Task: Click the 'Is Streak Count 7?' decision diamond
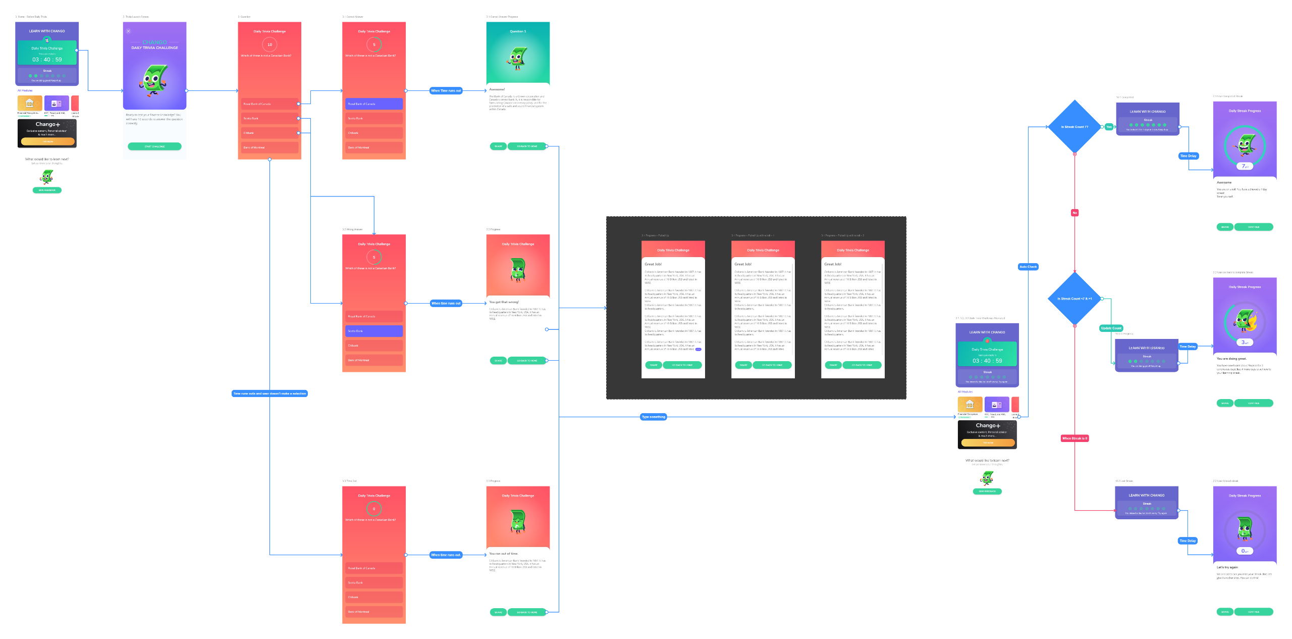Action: coord(1074,127)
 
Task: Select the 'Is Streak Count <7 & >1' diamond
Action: coord(1074,299)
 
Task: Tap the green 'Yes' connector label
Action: coord(1109,127)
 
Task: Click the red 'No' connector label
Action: coord(1074,213)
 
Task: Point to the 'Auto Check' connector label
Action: coord(1028,267)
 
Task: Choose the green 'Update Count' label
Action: coord(1111,328)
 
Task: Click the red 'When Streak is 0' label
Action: coord(1074,438)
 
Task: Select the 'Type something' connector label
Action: coord(654,417)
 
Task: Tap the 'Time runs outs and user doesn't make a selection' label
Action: coord(270,394)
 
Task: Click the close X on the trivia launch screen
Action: coord(128,31)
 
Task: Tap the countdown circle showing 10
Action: coord(270,44)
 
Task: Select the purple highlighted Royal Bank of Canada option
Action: coord(374,104)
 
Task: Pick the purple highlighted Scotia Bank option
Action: coord(374,331)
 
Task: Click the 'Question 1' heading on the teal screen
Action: coord(518,31)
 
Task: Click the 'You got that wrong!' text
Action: coord(504,302)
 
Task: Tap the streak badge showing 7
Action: coord(1245,166)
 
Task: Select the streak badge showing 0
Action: coord(1245,551)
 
